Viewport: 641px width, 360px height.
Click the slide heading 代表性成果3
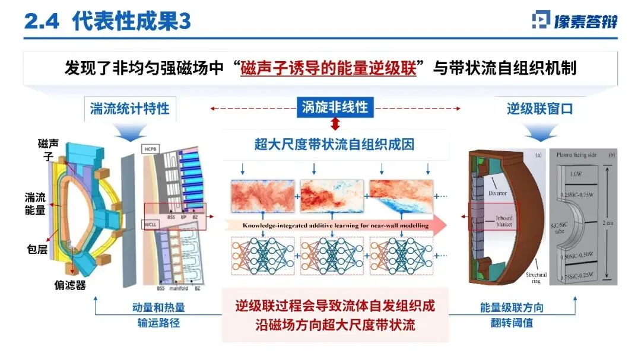coord(132,22)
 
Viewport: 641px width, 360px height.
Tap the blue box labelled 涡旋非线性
coord(335,107)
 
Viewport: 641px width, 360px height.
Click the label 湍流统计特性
coord(129,109)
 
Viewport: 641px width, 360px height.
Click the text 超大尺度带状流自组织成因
coord(335,144)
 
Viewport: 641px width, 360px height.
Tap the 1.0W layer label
coord(573,174)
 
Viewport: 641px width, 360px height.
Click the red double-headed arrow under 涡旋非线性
coord(335,124)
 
